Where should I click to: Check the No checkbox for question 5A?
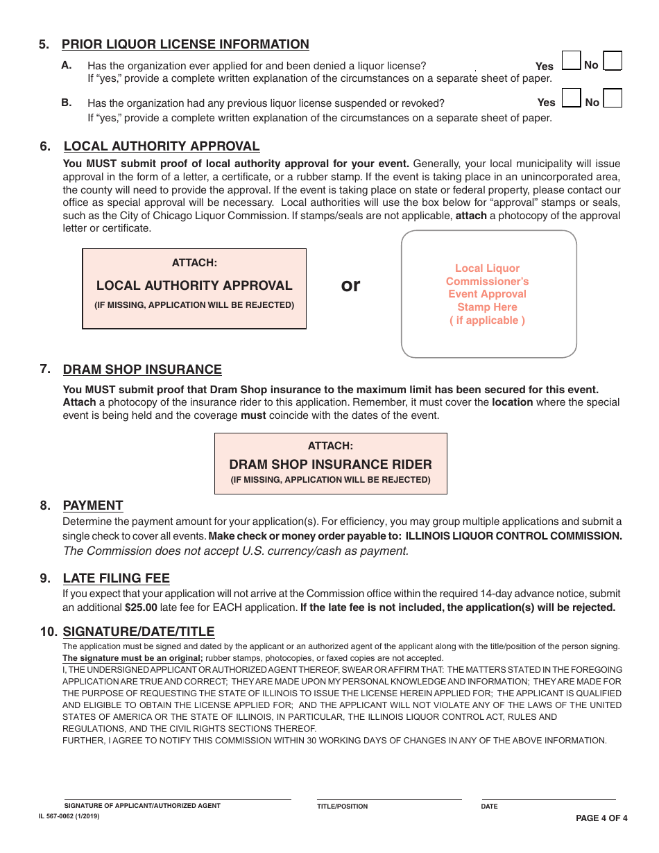click(613, 61)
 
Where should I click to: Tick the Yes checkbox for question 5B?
click(570, 98)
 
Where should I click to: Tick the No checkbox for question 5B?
click(613, 98)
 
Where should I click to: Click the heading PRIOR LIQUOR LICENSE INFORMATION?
click(185, 44)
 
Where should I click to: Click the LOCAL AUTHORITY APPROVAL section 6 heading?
click(161, 146)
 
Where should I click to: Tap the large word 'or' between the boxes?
click(351, 285)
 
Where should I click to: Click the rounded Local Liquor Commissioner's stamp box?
click(488, 294)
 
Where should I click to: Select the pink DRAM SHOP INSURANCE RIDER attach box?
click(330, 463)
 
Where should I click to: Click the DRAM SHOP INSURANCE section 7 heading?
click(142, 370)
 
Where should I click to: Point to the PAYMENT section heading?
click(93, 506)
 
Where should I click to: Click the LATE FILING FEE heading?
click(116, 578)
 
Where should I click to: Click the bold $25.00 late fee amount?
click(141, 608)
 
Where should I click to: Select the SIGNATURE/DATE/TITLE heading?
click(139, 632)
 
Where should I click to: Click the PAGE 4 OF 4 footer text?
click(601, 818)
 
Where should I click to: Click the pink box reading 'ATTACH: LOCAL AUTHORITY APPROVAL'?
click(194, 288)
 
